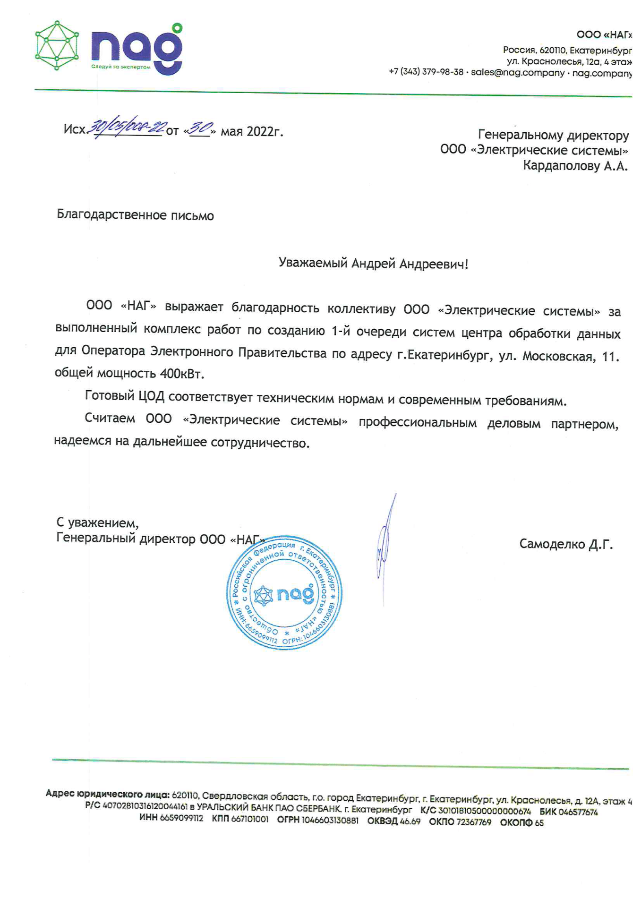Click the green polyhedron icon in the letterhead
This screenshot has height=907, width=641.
(x=57, y=46)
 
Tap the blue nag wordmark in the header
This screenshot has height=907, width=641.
(x=137, y=50)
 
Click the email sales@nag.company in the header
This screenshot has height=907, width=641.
(x=517, y=73)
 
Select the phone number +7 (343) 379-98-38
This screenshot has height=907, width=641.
(x=426, y=72)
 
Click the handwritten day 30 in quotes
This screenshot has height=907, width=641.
(x=200, y=128)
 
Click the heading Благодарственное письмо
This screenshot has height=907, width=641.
(x=135, y=215)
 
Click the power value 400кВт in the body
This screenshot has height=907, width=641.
(x=182, y=374)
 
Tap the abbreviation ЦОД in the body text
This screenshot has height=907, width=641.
(x=151, y=396)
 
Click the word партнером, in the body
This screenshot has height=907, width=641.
(x=584, y=425)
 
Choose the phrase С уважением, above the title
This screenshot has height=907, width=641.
(x=97, y=523)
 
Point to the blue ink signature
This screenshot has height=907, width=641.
(x=385, y=543)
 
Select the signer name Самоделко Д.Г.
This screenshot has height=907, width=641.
(x=566, y=545)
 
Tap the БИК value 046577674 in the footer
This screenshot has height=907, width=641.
(x=578, y=812)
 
